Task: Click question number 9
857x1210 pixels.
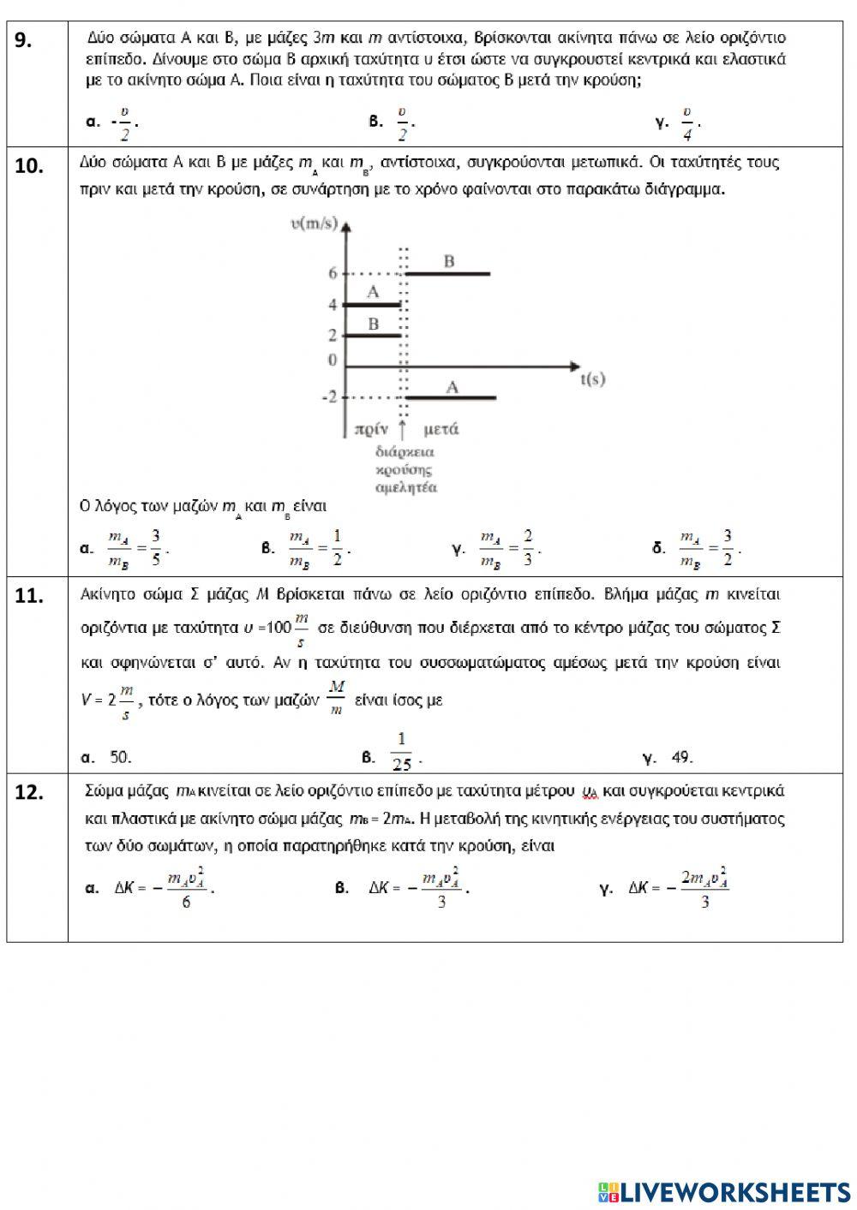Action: (25, 42)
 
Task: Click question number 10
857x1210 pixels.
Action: (29, 167)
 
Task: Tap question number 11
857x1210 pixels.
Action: (29, 596)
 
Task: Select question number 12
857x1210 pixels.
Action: (29, 793)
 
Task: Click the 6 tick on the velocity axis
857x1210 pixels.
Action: (333, 273)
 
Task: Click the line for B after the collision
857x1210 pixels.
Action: (447, 273)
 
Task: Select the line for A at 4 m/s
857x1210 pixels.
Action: (372, 304)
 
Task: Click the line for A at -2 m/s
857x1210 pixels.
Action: (452, 397)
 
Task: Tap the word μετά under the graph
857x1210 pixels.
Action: (440, 428)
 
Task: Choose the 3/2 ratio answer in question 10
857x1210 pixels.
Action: (709, 549)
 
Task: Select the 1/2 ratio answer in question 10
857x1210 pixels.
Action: (318, 549)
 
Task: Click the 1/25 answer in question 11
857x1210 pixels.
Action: (401, 752)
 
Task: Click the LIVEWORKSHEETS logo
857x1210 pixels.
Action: (724, 1192)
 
